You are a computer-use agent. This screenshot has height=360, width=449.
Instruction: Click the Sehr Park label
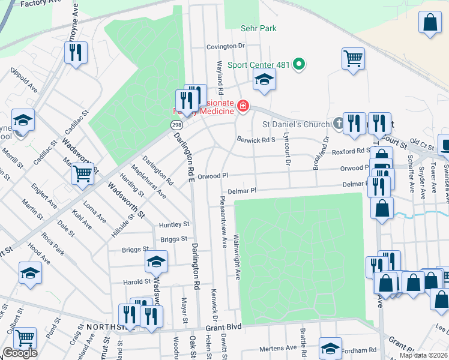tap(258, 28)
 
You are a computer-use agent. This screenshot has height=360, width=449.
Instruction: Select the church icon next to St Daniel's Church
tap(339, 123)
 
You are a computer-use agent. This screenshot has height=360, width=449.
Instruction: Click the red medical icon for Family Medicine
tap(243, 107)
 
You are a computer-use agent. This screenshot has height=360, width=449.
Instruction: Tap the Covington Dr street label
tap(226, 46)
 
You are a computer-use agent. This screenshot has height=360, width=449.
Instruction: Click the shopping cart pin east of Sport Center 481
tap(354, 59)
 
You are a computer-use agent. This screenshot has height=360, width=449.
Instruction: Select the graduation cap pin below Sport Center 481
tap(264, 79)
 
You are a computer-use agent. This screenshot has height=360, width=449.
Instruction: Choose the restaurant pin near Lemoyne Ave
tap(76, 52)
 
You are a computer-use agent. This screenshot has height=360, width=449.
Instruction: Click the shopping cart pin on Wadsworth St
tap(83, 174)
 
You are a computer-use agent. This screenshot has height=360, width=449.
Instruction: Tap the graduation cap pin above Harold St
tap(156, 262)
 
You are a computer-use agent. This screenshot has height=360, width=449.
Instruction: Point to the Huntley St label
tap(174, 224)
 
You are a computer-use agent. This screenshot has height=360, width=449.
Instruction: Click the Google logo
tap(19, 353)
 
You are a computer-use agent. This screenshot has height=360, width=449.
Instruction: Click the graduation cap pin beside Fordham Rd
tap(330, 348)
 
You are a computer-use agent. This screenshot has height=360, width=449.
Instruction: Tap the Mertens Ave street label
tap(278, 348)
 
